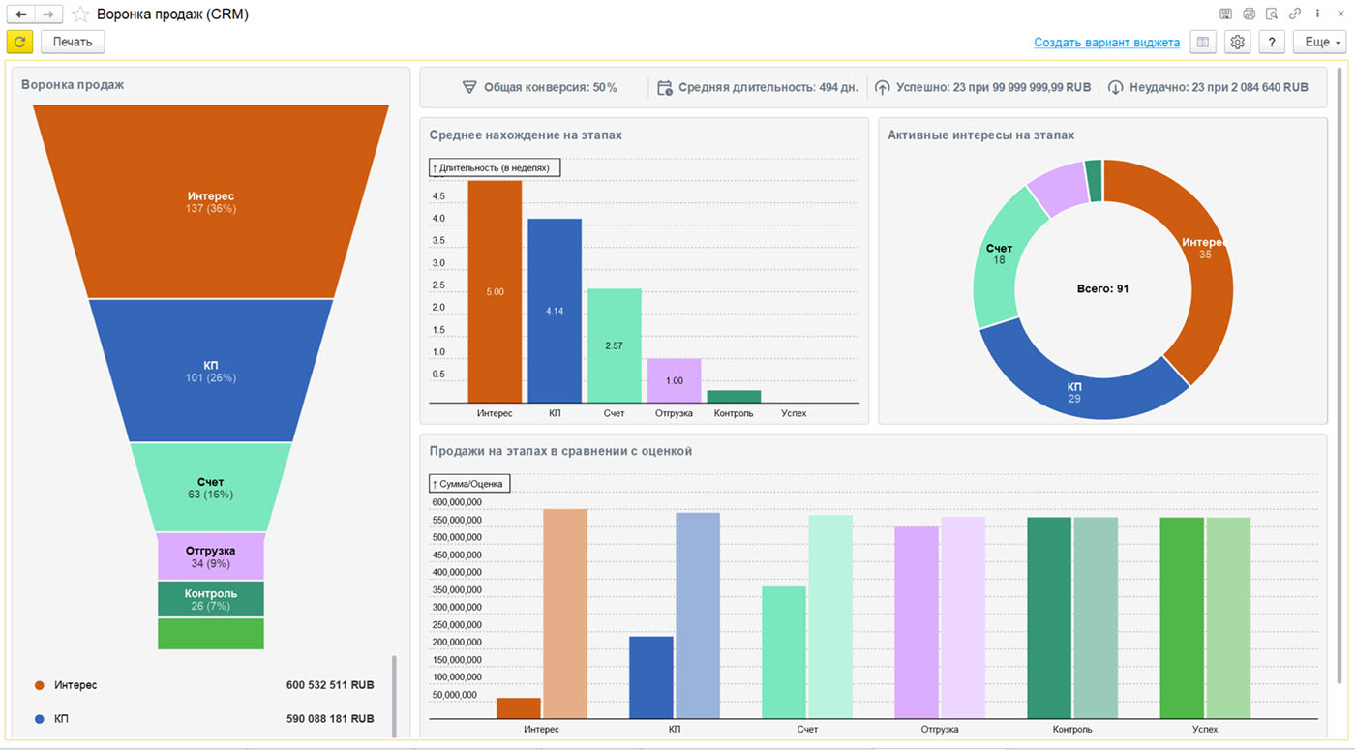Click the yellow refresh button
click(x=20, y=42)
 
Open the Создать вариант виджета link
click(x=1106, y=43)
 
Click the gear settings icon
click(x=1237, y=42)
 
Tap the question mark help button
click(x=1272, y=42)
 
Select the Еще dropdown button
click(x=1320, y=42)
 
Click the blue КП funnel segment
click(x=211, y=370)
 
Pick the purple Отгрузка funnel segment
click(x=211, y=556)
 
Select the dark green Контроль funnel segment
click(x=211, y=599)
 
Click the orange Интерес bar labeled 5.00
click(x=495, y=291)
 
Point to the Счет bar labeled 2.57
click(x=614, y=345)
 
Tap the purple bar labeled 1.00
click(x=674, y=380)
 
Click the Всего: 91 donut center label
click(x=1102, y=288)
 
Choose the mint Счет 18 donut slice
click(x=999, y=254)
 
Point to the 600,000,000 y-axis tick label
click(x=457, y=502)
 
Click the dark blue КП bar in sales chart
click(x=650, y=677)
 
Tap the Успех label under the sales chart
click(x=1204, y=729)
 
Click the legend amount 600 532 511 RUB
click(x=330, y=685)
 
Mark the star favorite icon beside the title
click(x=79, y=14)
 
